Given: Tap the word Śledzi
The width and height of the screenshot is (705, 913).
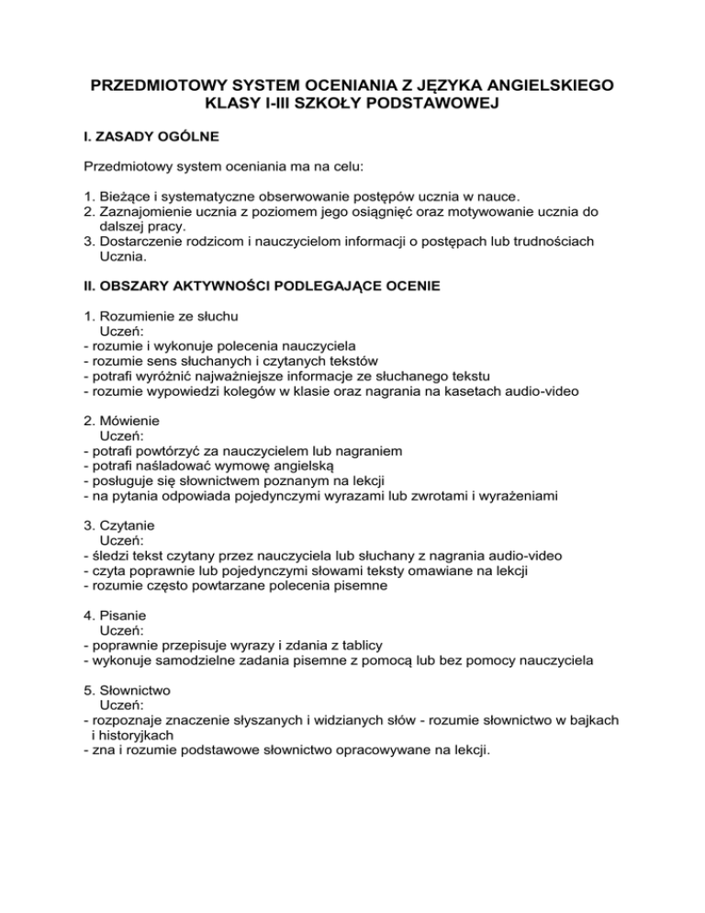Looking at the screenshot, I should click(x=109, y=555).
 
